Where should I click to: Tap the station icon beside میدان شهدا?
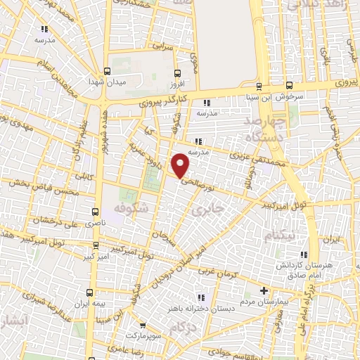point(107,70)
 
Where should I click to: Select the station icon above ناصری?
point(96,210)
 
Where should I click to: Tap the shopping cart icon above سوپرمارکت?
point(143,326)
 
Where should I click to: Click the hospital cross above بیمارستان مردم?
point(264,290)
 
